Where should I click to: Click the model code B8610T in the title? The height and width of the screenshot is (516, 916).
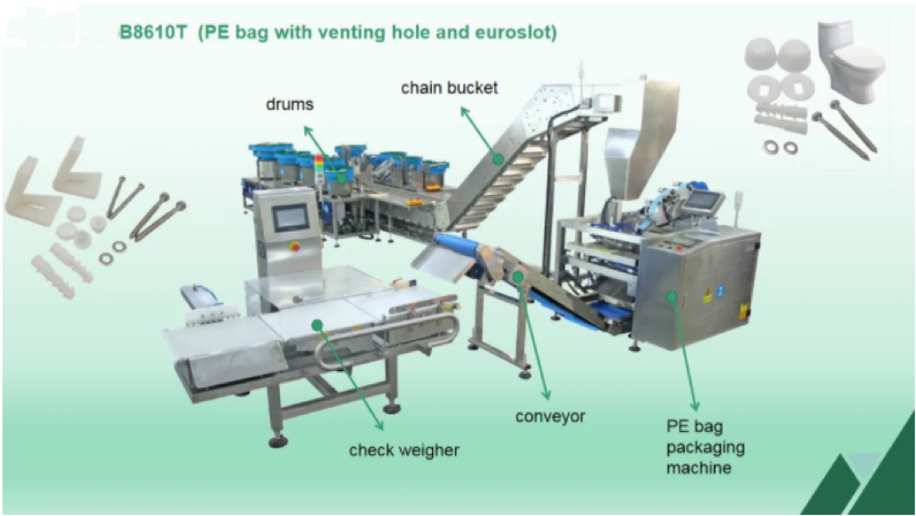pyautogui.click(x=152, y=32)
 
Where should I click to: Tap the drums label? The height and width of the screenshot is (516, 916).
pyautogui.click(x=290, y=105)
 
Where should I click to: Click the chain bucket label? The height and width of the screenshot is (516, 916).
pyautogui.click(x=449, y=89)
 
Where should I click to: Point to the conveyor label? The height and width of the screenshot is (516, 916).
pyautogui.click(x=550, y=417)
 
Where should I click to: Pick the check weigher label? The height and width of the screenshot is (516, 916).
pyautogui.click(x=403, y=450)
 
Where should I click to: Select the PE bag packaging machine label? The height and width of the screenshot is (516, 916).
pyautogui.click(x=705, y=447)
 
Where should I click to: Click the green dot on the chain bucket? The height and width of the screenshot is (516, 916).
pyautogui.click(x=497, y=158)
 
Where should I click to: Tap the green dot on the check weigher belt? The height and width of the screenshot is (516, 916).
pyautogui.click(x=318, y=325)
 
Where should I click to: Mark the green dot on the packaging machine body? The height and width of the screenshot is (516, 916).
pyautogui.click(x=673, y=296)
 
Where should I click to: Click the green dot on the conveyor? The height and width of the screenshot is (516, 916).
pyautogui.click(x=518, y=275)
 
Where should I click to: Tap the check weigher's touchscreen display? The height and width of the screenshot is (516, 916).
pyautogui.click(x=291, y=217)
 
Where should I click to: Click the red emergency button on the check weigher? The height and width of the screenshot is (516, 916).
pyautogui.click(x=295, y=247)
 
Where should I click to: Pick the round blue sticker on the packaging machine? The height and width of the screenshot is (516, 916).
pyautogui.click(x=721, y=290)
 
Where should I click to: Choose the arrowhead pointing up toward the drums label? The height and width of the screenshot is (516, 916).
pyautogui.click(x=308, y=130)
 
